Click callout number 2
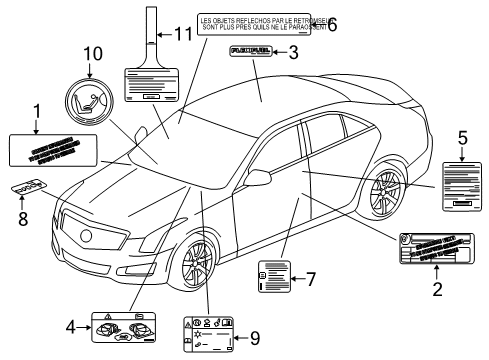point(436,290)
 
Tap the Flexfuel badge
point(252,48)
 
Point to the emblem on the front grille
point(87,235)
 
